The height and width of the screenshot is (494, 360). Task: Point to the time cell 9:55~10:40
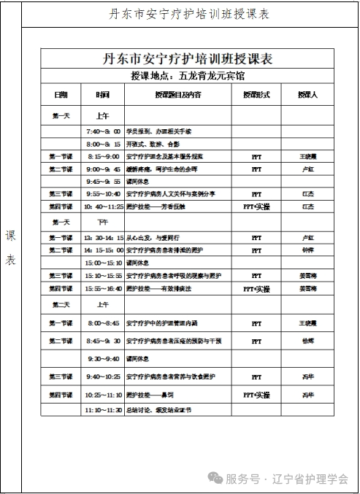[103, 194]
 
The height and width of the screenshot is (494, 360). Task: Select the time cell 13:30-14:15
[103, 238]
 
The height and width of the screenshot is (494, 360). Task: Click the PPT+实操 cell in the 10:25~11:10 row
[256, 395]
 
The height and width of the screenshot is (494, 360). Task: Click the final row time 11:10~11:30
[103, 410]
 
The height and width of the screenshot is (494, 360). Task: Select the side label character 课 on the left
[11, 236]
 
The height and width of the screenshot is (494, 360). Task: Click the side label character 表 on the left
[11, 260]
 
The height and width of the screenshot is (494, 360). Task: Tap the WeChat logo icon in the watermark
[215, 478]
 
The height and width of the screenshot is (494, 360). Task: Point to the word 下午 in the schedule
[103, 222]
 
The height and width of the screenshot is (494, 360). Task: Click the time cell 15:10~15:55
[103, 276]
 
